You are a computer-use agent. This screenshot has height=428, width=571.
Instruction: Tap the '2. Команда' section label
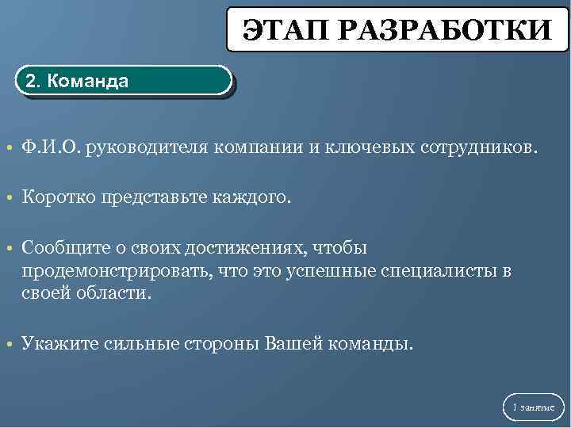78,81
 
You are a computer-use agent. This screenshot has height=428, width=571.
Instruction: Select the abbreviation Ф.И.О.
51,147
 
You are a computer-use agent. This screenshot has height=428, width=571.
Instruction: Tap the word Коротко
59,197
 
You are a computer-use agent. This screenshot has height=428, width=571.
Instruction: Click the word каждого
254,197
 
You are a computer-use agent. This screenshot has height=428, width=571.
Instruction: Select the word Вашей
293,344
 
